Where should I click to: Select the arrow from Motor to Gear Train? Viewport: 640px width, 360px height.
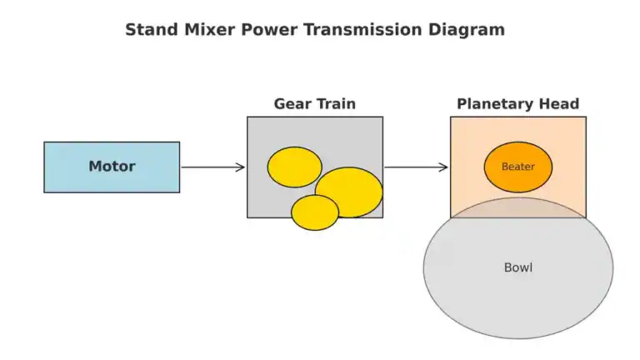(x=212, y=167)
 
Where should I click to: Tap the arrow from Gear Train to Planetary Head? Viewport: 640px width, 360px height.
(x=416, y=167)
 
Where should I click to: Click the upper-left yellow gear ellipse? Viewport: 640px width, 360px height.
(x=294, y=167)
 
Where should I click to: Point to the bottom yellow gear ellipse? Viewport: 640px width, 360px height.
(x=314, y=213)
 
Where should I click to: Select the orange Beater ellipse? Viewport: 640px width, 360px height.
(x=517, y=167)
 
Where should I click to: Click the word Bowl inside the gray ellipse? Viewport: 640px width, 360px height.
(x=517, y=267)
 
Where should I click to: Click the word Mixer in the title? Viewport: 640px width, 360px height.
(x=199, y=30)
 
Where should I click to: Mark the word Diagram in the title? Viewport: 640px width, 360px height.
(x=467, y=30)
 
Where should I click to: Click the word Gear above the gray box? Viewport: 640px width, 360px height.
(x=292, y=104)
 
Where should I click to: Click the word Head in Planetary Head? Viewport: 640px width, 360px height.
(x=560, y=104)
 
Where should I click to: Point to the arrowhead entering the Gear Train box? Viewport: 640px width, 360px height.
(x=242, y=167)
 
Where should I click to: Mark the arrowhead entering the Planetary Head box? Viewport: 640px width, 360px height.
(x=444, y=167)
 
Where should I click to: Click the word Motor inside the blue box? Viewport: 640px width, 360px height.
(x=112, y=167)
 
